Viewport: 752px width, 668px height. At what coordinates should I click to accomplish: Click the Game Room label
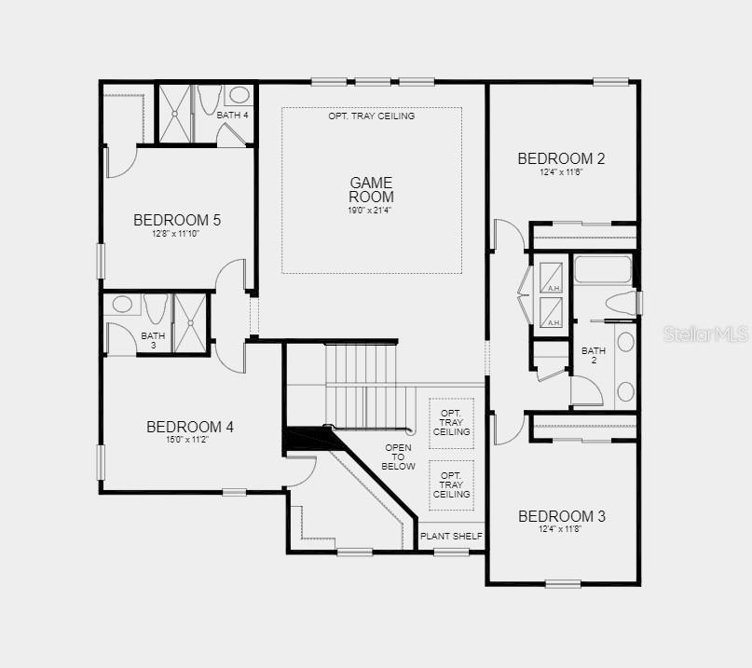tap(371, 189)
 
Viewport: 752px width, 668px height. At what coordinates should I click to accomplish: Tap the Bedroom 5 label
tap(177, 220)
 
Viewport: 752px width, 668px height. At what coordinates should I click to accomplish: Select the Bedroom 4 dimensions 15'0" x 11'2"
tap(187, 439)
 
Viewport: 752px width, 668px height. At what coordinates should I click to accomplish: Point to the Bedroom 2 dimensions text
tap(561, 171)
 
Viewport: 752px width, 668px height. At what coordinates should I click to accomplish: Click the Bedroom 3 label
tap(562, 516)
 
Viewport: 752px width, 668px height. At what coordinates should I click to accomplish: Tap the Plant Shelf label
tap(451, 536)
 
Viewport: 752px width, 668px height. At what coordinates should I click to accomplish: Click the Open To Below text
tap(398, 457)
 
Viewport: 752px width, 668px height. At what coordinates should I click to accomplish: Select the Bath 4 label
tap(232, 116)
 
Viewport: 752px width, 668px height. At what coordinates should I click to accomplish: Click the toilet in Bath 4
tap(210, 100)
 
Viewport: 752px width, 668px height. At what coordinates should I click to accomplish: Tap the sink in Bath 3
tap(122, 305)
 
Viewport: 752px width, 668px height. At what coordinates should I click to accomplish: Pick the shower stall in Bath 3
tap(190, 323)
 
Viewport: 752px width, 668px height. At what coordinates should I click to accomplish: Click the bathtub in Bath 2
tap(603, 269)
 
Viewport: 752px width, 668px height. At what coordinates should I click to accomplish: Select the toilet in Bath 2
tap(621, 304)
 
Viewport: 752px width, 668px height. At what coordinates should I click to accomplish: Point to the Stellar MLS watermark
tap(705, 334)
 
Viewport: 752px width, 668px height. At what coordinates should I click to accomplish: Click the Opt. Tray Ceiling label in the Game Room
tap(371, 116)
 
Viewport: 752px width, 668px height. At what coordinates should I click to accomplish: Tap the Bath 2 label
tap(594, 355)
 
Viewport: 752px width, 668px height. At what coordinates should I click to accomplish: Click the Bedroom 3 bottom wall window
tap(563, 583)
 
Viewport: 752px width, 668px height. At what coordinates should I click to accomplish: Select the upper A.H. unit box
tap(551, 278)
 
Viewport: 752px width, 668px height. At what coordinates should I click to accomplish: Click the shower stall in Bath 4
tap(175, 115)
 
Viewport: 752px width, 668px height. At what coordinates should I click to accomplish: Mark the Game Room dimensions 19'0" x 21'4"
tap(370, 210)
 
